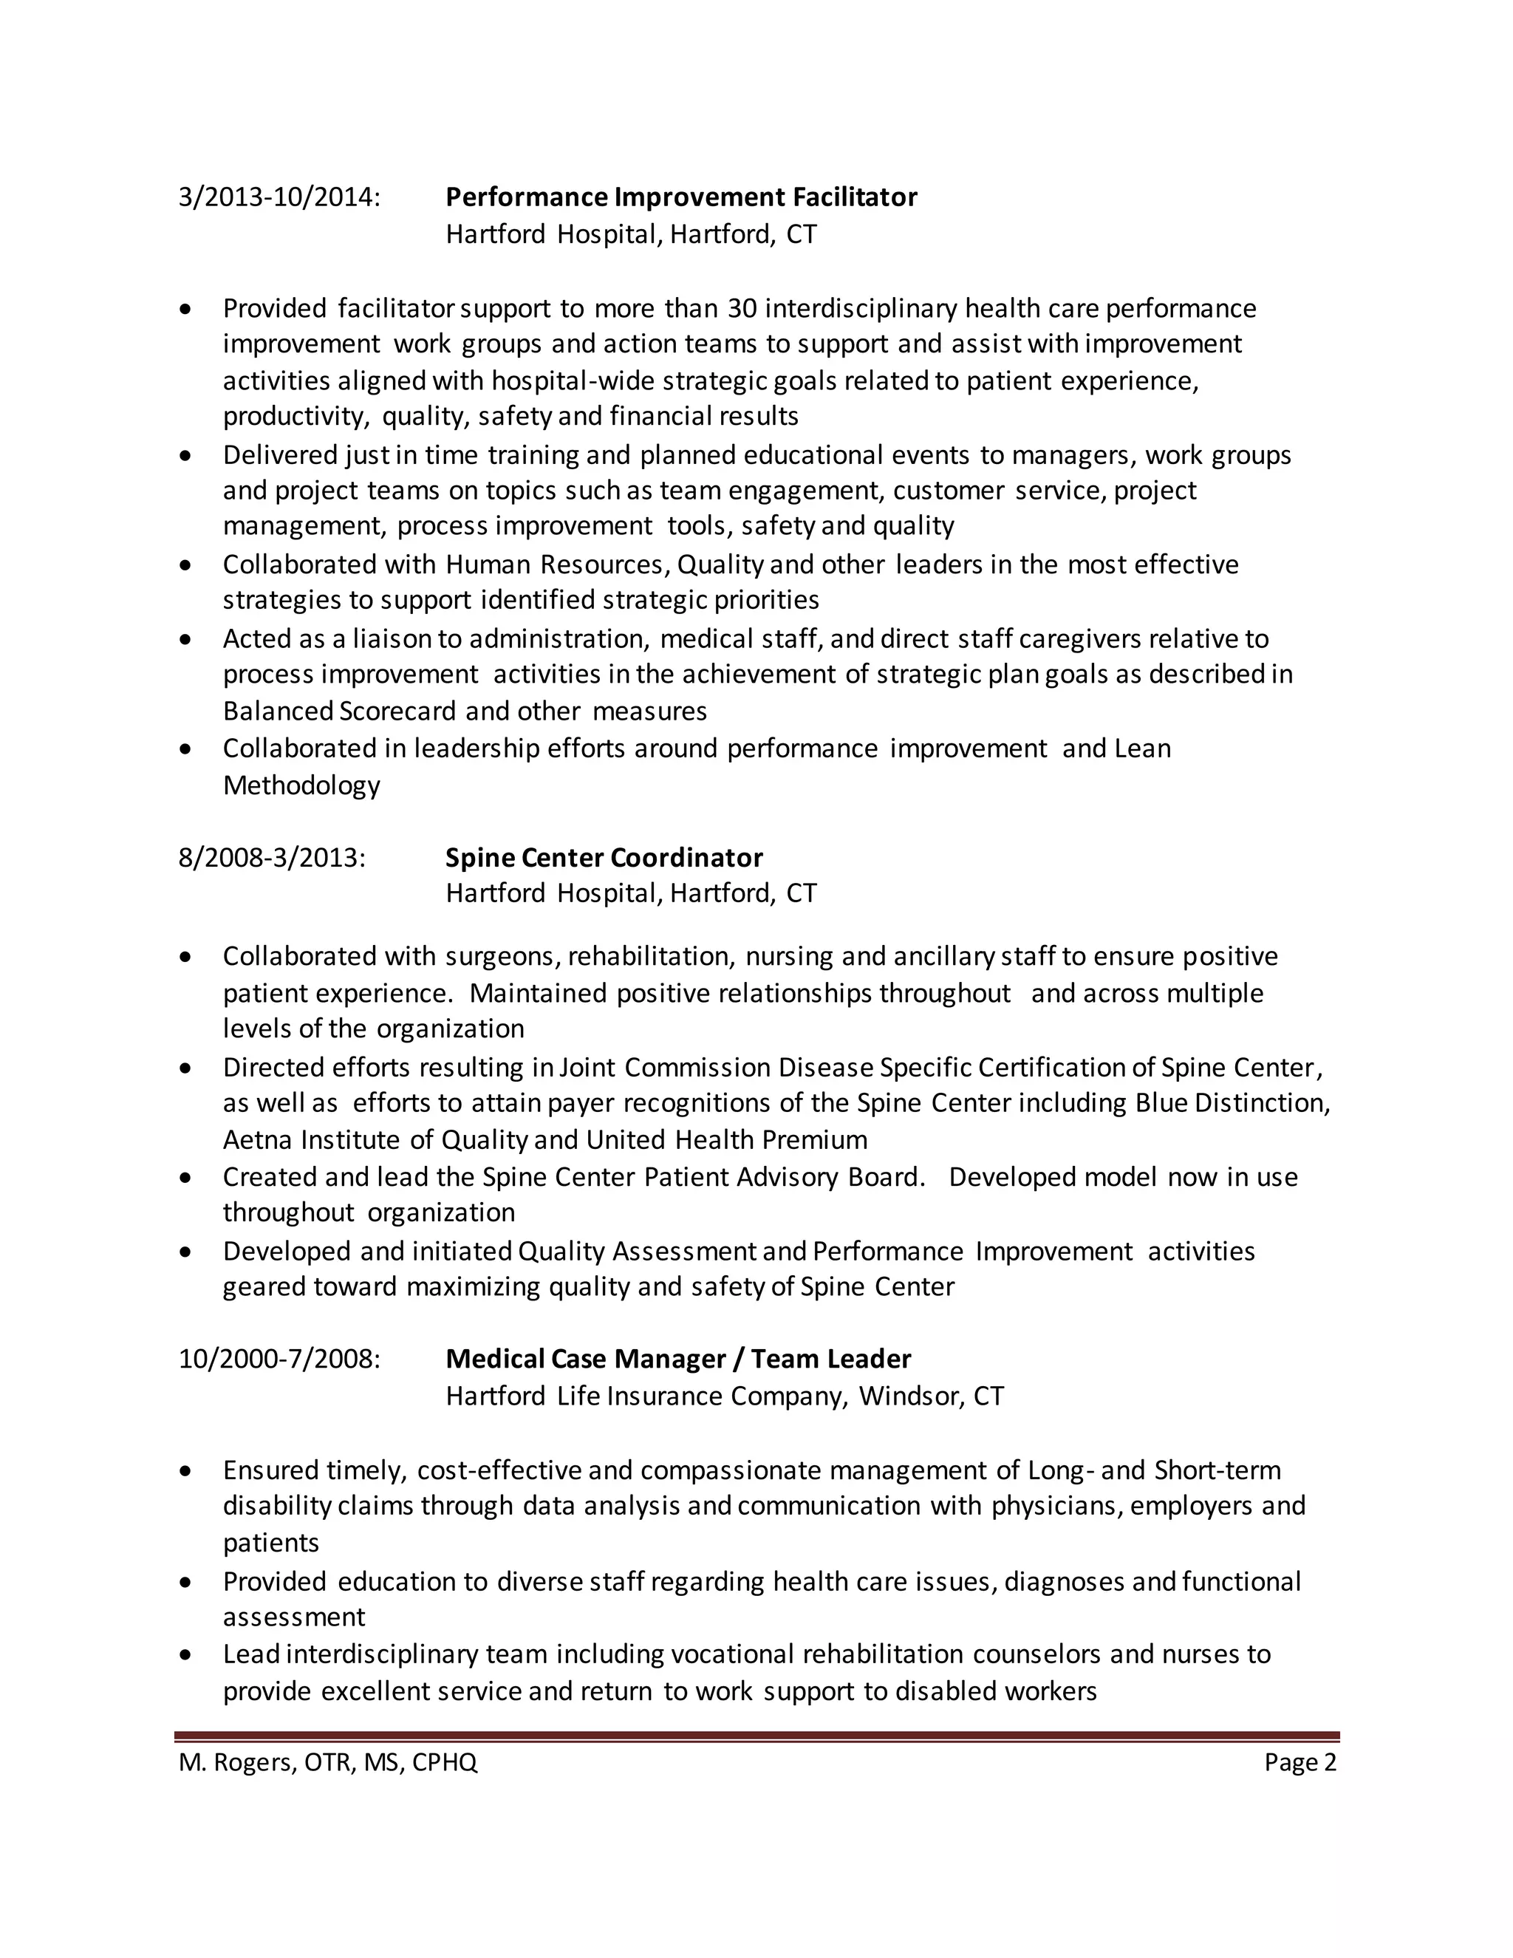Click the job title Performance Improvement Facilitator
point(681,197)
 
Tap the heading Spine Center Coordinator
point(604,857)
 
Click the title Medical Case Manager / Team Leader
point(678,1358)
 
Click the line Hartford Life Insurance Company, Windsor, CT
point(724,1396)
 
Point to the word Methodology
point(301,785)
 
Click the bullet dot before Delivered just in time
point(185,455)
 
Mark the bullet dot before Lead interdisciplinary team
point(185,1654)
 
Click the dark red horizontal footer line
point(756,1736)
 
